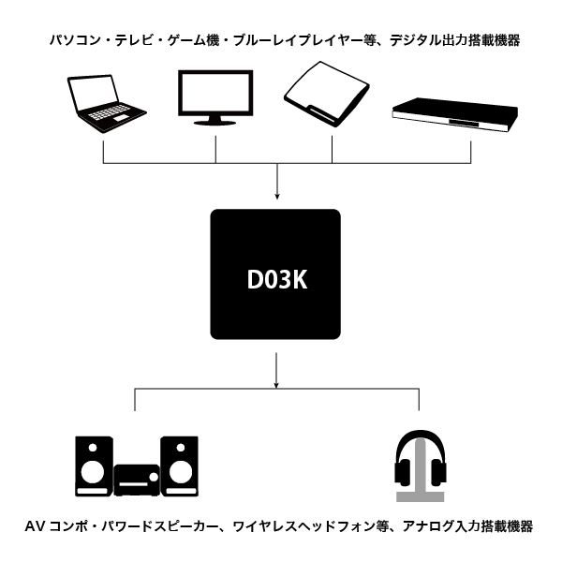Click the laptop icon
click(105, 102)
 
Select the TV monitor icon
click(216, 96)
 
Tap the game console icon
click(328, 97)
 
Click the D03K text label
click(276, 278)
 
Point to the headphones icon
click(419, 464)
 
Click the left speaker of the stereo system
click(95, 466)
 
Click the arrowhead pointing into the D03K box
click(277, 195)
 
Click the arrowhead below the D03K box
click(277, 381)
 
